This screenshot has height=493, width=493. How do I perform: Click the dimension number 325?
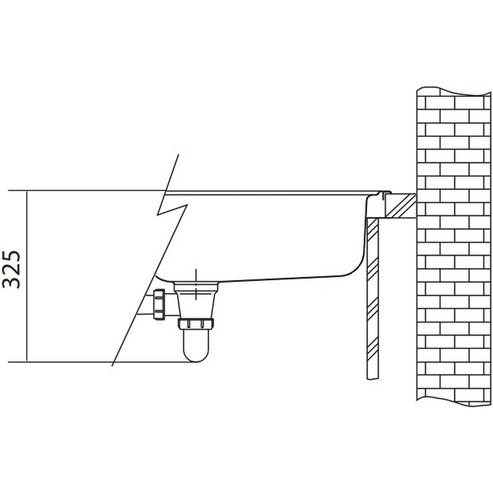(11, 270)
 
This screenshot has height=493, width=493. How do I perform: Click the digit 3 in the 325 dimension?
(11, 282)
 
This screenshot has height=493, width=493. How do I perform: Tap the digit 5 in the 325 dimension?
(11, 256)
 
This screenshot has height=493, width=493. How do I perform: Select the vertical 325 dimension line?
(27, 277)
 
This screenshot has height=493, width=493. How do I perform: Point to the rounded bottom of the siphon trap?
(196, 355)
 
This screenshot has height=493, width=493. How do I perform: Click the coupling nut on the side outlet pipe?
(159, 304)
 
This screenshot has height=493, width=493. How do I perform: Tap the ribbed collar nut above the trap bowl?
(196, 323)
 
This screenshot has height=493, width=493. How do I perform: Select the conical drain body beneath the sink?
(196, 300)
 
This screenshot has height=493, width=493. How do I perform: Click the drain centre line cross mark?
(196, 284)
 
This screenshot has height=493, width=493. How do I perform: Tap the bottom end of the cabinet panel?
(373, 379)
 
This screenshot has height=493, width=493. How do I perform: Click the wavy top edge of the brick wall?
(454, 91)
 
